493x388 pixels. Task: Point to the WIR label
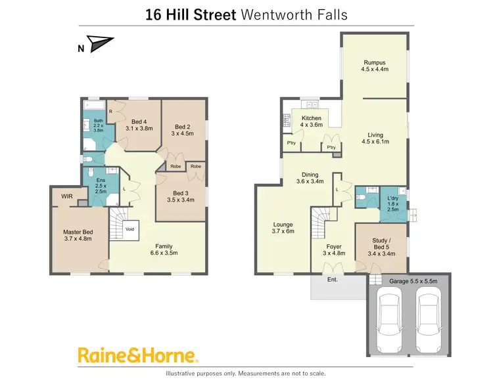(x=66, y=196)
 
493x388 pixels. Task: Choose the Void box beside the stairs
(x=129, y=229)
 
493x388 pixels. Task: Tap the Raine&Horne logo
(x=138, y=356)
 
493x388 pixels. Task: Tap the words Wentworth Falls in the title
(x=294, y=14)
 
